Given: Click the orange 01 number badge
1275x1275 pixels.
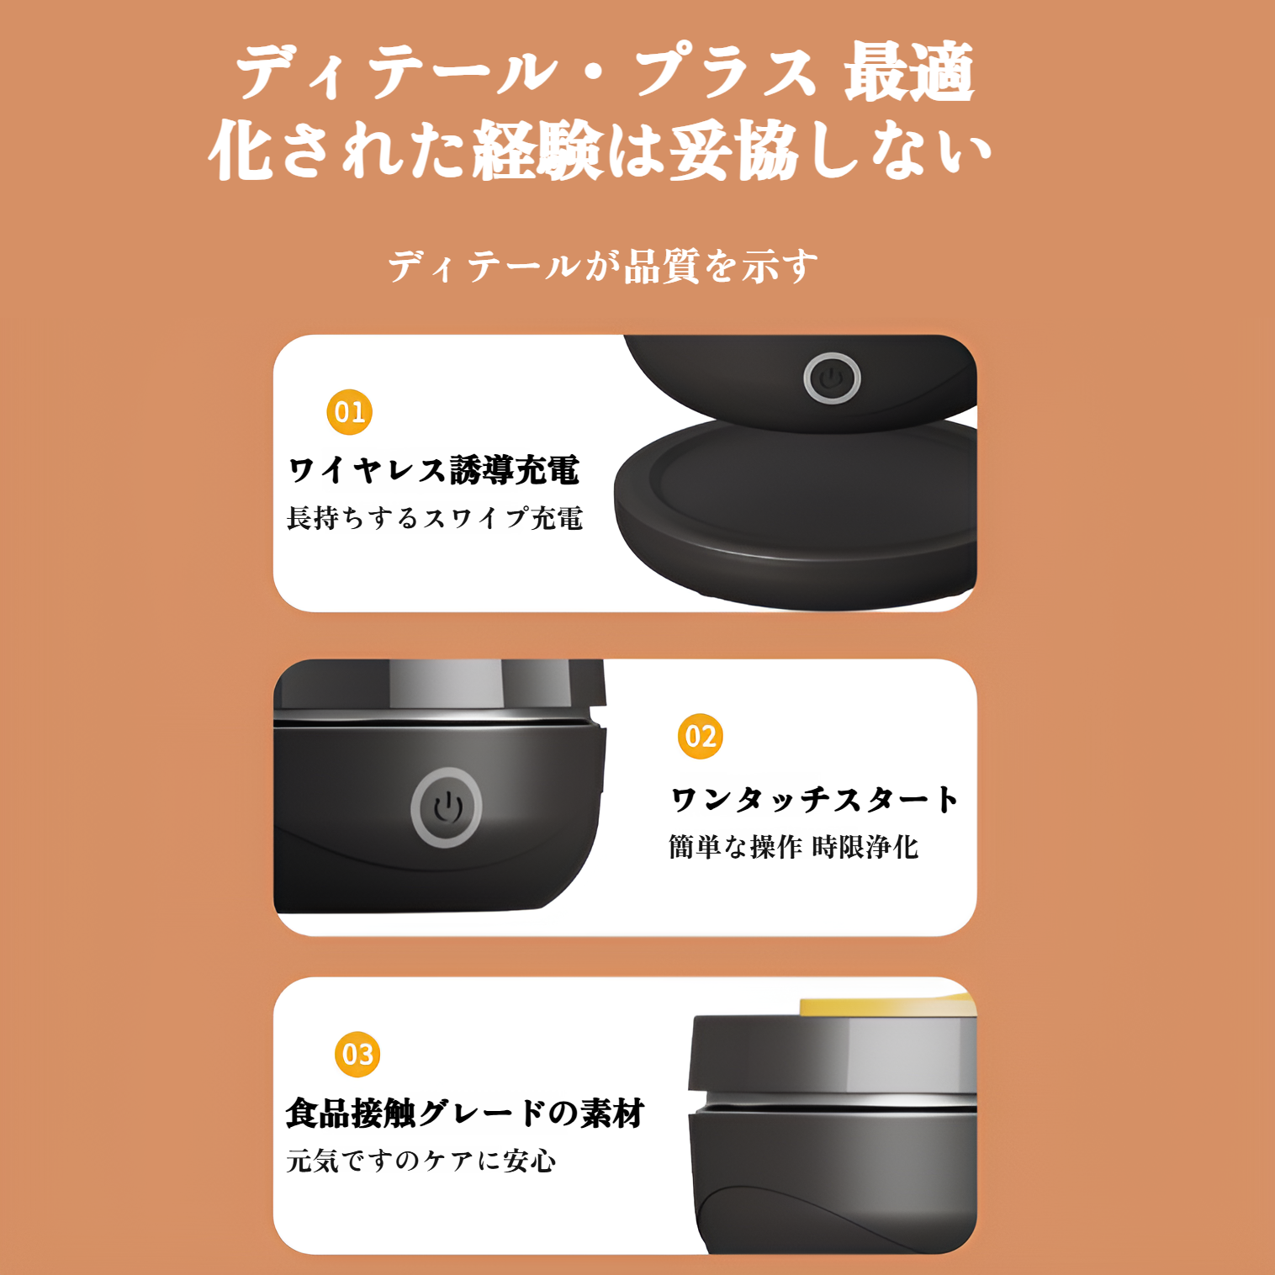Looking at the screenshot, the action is (349, 412).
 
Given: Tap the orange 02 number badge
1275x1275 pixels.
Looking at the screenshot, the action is (701, 737).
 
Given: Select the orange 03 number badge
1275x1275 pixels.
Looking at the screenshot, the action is (357, 1055).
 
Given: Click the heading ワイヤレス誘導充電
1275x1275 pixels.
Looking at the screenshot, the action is (434, 470).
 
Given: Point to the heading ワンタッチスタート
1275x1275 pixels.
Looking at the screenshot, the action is (815, 799).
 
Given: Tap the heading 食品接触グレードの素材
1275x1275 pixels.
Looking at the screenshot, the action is (465, 1113).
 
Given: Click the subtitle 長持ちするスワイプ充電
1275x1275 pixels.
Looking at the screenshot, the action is (435, 518).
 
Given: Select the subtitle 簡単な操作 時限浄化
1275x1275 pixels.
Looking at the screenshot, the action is (794, 847).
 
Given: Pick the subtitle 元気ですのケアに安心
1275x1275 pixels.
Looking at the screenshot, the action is (421, 1161).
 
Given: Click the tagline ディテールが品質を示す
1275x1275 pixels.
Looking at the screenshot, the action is (602, 267).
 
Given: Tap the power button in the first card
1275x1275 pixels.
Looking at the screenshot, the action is (832, 378).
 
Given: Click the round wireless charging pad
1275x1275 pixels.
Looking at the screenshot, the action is (796, 512).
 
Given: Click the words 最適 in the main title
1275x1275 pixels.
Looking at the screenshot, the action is (910, 73).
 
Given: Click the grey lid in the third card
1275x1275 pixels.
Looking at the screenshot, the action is (833, 1055).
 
